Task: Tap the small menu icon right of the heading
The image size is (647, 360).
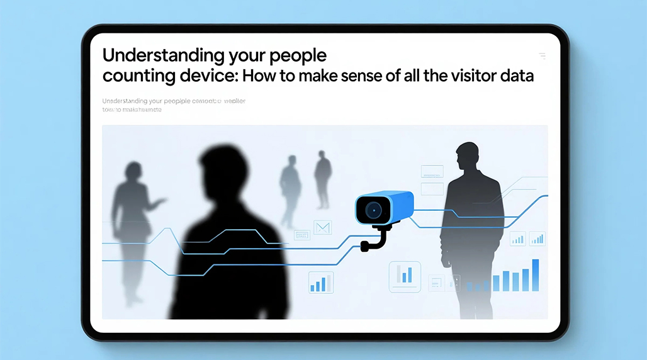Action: tap(542, 56)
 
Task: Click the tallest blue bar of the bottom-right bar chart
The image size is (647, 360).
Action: tap(535, 274)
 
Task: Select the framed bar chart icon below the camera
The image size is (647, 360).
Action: tap(405, 274)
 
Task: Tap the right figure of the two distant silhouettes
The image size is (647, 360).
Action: tap(323, 179)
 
